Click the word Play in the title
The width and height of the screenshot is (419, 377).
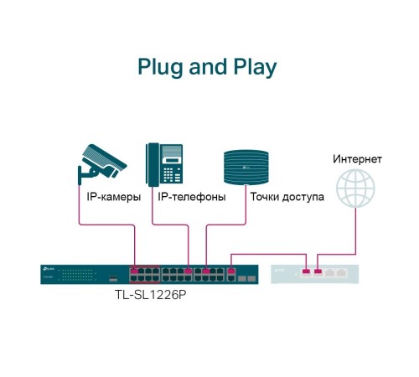252,67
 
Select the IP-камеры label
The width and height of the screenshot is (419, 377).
114,199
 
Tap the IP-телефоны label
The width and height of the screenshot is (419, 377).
192,199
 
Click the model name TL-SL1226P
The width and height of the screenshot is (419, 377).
150,294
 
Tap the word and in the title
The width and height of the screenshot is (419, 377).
207,67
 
